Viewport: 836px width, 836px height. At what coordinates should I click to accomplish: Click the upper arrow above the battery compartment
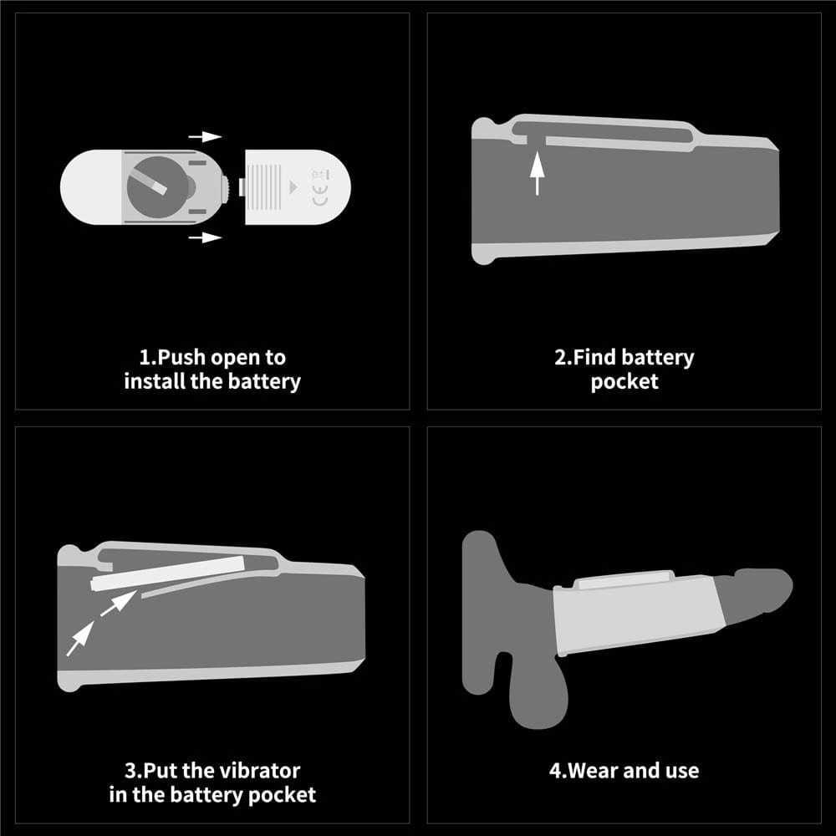coord(206,137)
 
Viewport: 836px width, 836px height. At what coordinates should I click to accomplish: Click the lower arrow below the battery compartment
coord(206,237)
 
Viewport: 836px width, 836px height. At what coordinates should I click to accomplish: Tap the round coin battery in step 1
coord(155,186)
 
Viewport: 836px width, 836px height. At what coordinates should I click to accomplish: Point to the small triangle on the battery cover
coord(293,187)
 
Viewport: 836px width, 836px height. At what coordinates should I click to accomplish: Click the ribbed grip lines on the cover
coord(265,186)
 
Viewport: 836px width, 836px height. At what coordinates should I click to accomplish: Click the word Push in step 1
coord(181,357)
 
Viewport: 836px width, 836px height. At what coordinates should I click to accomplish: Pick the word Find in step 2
coord(594,357)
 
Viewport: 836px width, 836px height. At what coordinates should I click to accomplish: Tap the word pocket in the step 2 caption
coord(624,382)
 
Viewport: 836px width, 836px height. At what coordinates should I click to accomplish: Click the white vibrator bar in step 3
coord(167,573)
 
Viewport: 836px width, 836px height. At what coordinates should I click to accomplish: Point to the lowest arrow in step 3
coord(80,638)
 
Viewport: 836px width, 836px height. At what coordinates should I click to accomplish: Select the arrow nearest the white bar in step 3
coord(119,603)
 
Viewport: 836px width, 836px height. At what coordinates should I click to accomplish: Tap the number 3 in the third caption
coord(131,771)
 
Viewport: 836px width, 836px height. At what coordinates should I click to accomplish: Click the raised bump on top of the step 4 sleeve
coord(625,579)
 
